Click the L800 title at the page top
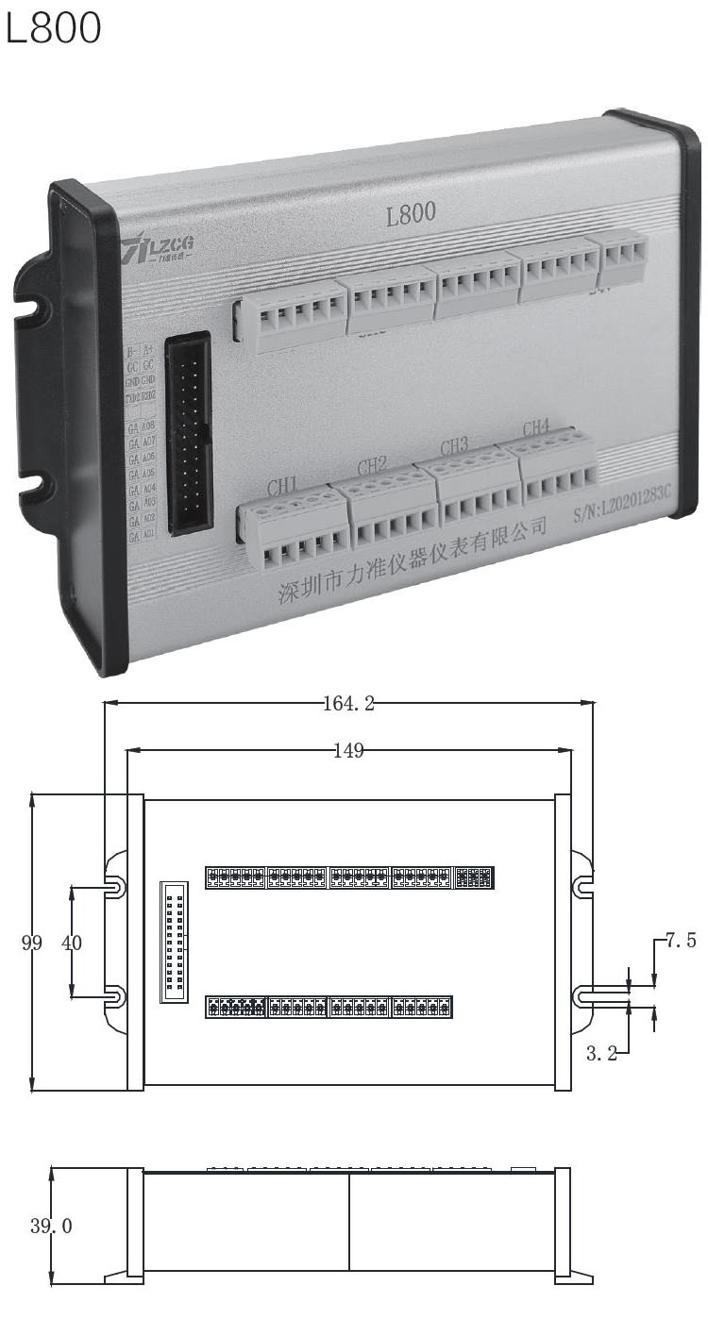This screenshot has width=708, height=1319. click(53, 28)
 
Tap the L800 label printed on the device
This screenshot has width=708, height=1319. click(411, 213)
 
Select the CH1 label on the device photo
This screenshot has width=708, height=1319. click(282, 487)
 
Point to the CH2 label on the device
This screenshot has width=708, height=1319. click(372, 465)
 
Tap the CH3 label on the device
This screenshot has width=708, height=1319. click(455, 445)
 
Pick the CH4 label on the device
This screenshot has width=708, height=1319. click(535, 426)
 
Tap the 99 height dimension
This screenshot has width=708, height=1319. click(31, 943)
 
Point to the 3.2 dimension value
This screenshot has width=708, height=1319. click(601, 1054)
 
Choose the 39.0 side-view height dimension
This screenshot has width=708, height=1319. click(52, 1226)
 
